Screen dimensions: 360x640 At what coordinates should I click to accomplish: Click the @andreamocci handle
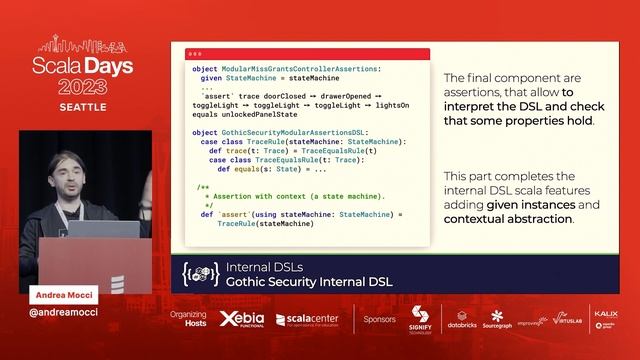64,312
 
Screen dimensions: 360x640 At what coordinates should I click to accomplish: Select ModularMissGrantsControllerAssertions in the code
299,69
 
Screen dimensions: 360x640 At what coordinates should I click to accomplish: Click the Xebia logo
240,320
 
